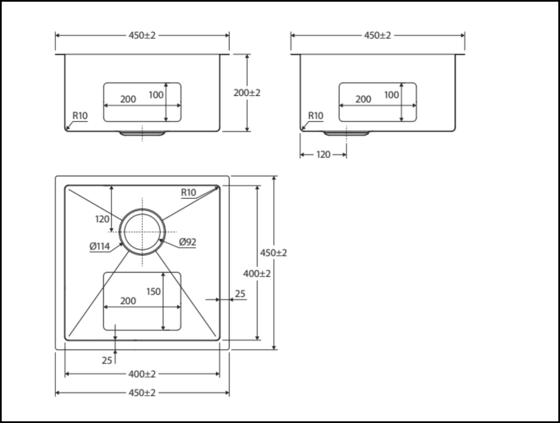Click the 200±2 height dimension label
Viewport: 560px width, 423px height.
click(x=247, y=93)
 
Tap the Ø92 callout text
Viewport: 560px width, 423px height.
click(x=188, y=242)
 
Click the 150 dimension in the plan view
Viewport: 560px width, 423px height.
click(x=153, y=291)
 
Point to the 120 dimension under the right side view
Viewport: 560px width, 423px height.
click(x=323, y=154)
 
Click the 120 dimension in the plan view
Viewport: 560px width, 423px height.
click(x=102, y=219)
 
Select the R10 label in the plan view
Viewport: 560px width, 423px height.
click(x=188, y=192)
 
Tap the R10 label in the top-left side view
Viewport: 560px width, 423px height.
click(x=80, y=116)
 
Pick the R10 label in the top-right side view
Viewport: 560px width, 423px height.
click(x=316, y=116)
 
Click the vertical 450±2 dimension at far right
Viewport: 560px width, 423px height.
click(x=273, y=253)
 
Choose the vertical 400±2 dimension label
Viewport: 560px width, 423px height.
click(x=257, y=274)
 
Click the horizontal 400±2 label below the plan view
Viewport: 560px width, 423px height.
click(x=142, y=373)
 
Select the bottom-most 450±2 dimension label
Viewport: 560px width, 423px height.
click(x=142, y=393)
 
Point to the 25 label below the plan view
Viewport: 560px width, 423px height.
click(x=107, y=360)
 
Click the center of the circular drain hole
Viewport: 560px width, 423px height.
click(x=142, y=232)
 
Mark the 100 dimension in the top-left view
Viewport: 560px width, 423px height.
click(x=156, y=95)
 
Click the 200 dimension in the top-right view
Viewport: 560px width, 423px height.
click(x=363, y=99)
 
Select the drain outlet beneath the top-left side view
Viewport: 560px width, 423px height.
click(x=142, y=133)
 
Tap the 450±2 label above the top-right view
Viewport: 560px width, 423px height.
click(x=377, y=35)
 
